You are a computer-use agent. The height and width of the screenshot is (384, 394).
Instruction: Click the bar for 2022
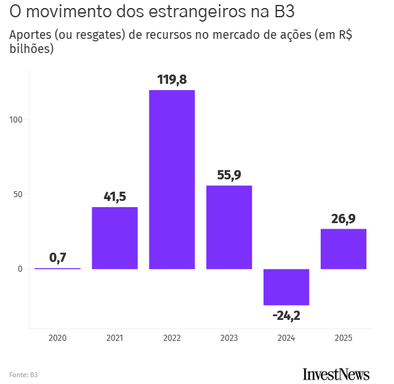coord(172,179)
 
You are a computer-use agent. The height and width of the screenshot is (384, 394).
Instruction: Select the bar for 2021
coord(115,238)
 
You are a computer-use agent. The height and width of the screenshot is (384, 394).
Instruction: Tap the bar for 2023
coord(229,227)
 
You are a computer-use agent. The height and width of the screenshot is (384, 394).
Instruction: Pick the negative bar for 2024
coord(286,287)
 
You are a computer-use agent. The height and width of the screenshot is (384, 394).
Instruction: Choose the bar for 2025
coord(344,249)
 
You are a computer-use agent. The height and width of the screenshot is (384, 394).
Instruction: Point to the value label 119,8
coord(172,80)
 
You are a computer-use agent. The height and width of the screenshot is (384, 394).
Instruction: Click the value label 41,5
coord(115,197)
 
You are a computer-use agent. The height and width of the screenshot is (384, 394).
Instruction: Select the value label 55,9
coord(229,175)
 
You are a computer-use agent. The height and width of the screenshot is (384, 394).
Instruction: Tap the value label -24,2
coord(286,316)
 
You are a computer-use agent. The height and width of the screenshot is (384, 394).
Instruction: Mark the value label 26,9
coord(344,218)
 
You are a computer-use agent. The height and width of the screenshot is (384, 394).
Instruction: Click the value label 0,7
coord(57,258)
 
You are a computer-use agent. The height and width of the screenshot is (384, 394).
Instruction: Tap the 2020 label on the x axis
coord(57,338)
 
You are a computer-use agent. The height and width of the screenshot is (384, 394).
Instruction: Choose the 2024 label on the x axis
coord(286,338)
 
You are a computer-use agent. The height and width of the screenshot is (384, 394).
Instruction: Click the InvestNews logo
coord(336,374)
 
